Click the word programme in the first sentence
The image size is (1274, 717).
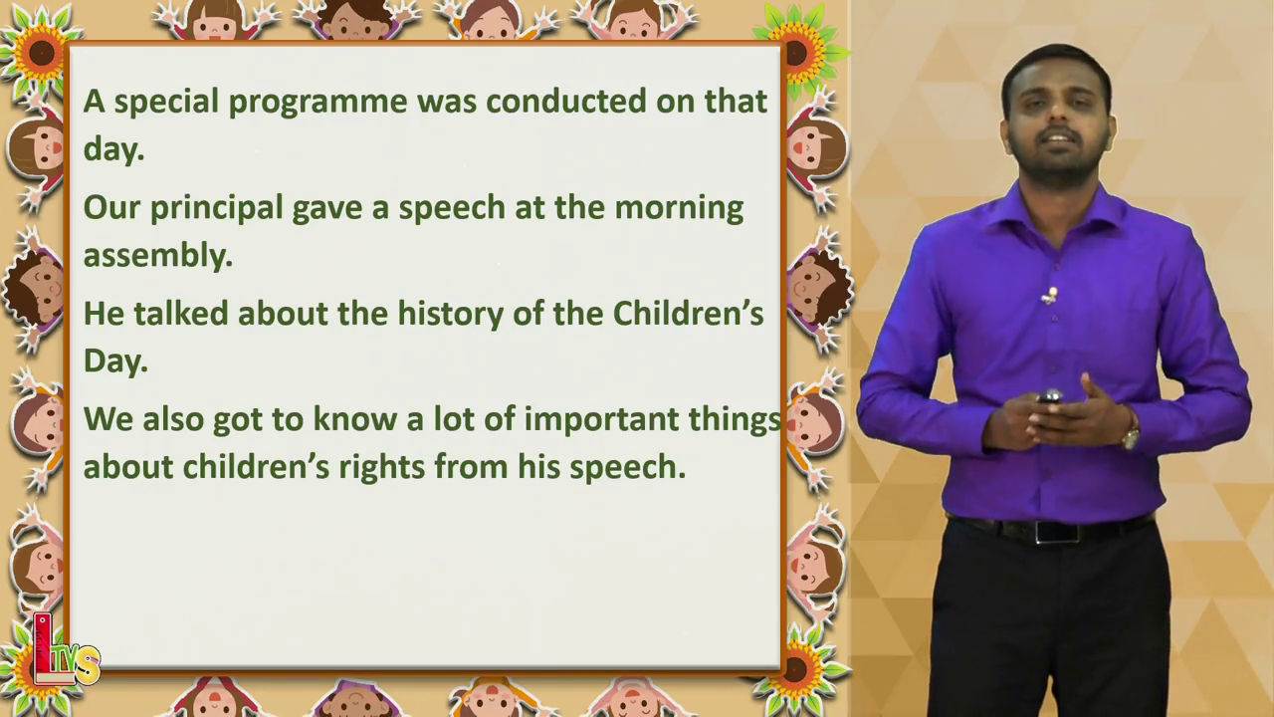pos(318,103)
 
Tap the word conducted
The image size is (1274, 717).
pos(566,101)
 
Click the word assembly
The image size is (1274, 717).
pos(158,256)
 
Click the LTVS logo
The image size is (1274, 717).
pos(66,651)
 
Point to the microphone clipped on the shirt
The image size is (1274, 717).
pos(1050,296)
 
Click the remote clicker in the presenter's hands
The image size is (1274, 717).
pos(1049,396)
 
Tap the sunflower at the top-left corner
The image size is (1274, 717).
pos(41,53)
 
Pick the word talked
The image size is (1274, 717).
pos(181,313)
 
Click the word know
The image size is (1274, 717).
pos(355,419)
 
